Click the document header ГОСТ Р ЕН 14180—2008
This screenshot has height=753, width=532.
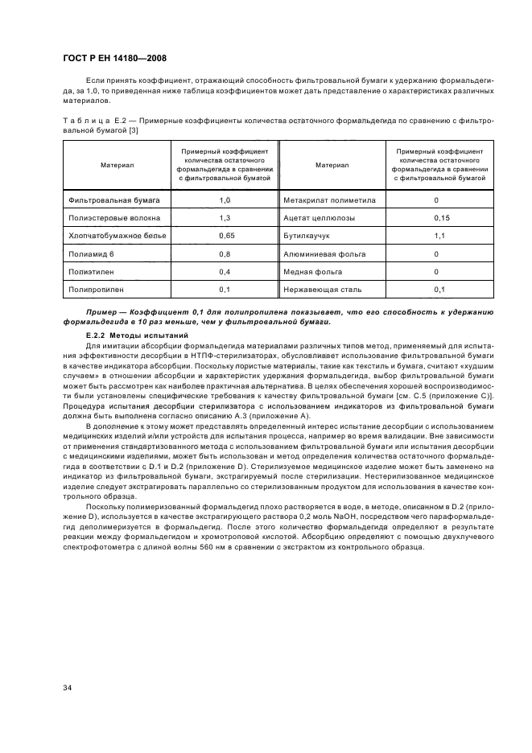[113, 58]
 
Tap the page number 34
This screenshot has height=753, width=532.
[67, 685]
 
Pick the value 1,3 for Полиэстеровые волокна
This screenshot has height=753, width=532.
[225, 217]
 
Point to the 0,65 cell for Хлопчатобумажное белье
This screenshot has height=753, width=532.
[225, 236]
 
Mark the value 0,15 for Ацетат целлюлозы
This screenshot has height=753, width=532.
[440, 217]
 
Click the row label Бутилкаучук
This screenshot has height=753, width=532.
[307, 236]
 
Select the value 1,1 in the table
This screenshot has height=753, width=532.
[440, 236]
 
